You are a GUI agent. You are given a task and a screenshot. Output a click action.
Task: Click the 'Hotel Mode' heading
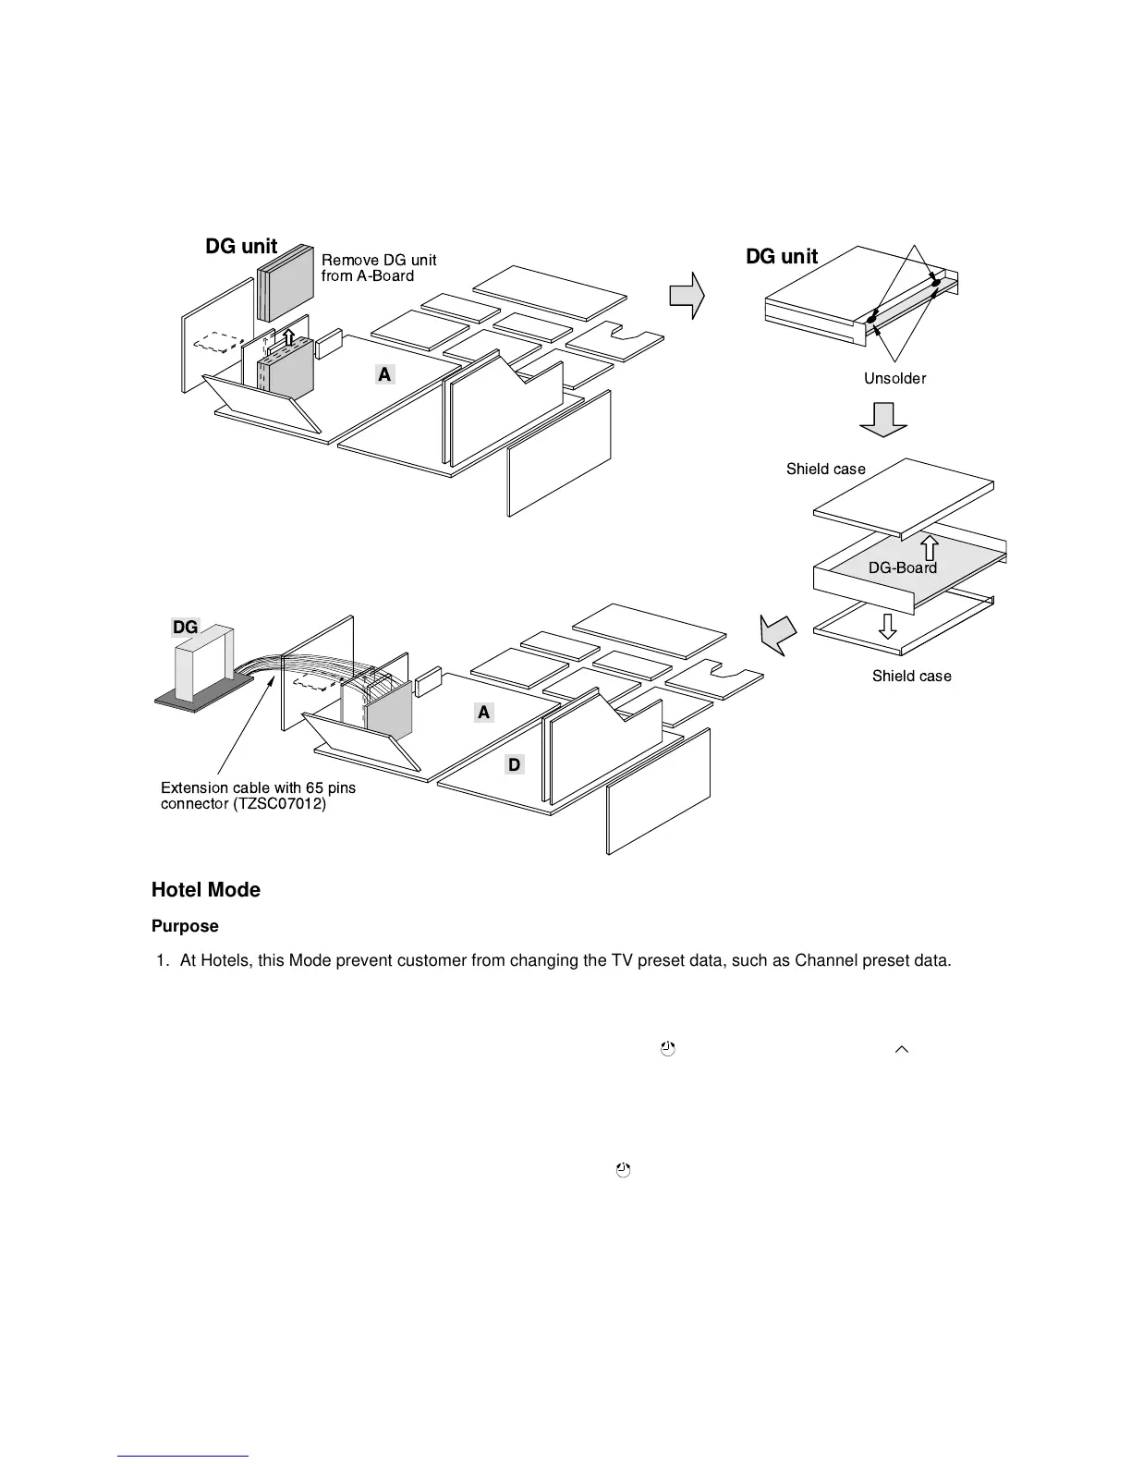click(205, 890)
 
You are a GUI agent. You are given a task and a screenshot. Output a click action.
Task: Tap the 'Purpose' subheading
click(185, 926)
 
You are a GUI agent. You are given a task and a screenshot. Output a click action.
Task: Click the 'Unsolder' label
click(894, 378)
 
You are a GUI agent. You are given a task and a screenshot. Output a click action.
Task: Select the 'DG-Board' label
click(902, 567)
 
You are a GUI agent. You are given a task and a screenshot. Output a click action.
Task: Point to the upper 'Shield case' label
click(825, 469)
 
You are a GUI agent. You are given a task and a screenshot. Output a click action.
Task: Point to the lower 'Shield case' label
click(911, 676)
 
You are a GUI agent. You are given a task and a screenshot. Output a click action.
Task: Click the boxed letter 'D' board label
click(515, 764)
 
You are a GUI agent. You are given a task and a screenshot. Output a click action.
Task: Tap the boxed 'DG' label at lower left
click(185, 627)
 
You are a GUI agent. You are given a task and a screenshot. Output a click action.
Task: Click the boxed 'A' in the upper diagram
click(384, 373)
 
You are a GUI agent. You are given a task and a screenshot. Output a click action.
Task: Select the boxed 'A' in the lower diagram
click(483, 713)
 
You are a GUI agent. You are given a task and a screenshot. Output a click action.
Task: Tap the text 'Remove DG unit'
click(379, 261)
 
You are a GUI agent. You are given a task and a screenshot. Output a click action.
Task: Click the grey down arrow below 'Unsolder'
click(883, 419)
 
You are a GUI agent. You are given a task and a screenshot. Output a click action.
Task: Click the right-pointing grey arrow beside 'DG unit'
click(687, 296)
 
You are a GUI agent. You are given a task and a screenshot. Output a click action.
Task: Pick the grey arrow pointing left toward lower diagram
click(777, 634)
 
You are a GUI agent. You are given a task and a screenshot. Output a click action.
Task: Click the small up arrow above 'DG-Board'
click(930, 547)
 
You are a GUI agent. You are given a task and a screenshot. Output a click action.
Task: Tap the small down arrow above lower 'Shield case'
click(887, 626)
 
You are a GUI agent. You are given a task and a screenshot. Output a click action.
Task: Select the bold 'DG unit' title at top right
click(781, 257)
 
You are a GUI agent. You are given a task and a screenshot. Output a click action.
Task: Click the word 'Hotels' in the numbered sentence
click(224, 960)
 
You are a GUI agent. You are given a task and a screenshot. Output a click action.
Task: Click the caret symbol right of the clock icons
click(902, 1049)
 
